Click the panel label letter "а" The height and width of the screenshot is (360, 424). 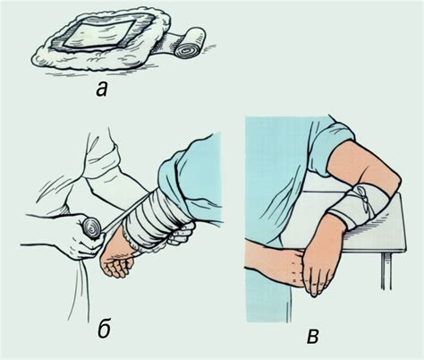[102, 90]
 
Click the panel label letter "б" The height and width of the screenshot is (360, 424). [105, 330]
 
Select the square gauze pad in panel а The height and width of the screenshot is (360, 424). [99, 33]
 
